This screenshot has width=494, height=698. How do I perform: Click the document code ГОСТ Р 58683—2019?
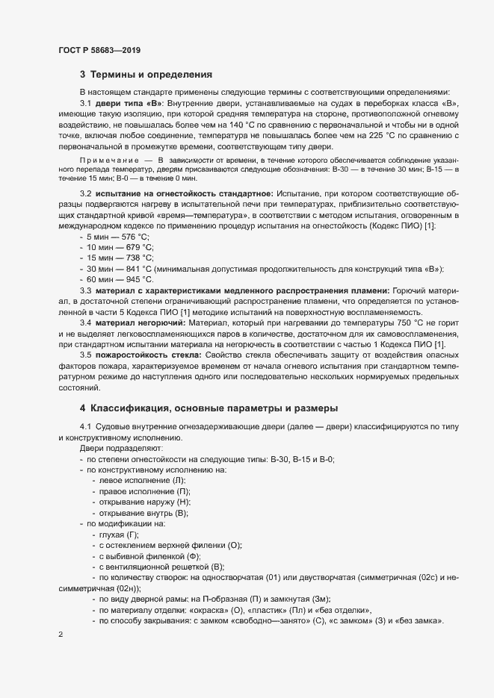tap(99, 50)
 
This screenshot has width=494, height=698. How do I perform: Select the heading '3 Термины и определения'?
tap(146, 75)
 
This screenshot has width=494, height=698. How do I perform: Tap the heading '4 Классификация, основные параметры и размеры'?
tap(209, 408)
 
